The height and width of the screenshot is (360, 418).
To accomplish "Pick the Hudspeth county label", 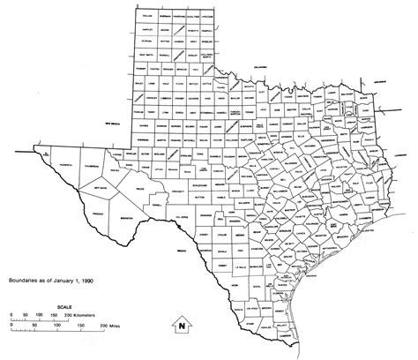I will pos(56,163).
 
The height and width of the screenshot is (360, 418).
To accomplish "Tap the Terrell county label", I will pos(157,202).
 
